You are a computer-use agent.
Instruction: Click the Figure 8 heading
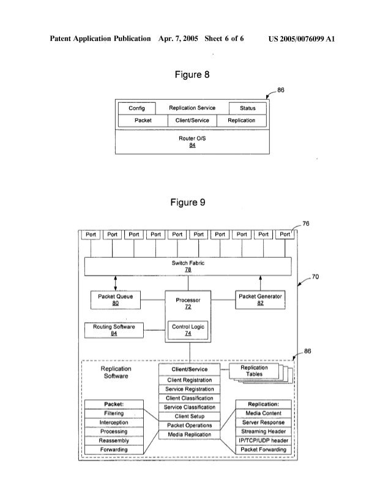189,75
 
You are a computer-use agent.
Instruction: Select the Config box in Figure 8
136,108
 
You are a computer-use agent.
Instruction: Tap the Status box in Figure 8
247,108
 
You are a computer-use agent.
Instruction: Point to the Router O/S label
192,139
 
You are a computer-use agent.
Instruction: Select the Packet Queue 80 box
116,299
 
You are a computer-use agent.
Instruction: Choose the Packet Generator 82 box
261,299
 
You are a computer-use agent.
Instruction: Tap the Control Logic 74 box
189,331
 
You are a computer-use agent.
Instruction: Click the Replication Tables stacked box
255,372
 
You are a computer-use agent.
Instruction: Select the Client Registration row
190,380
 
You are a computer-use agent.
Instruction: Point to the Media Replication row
190,435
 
